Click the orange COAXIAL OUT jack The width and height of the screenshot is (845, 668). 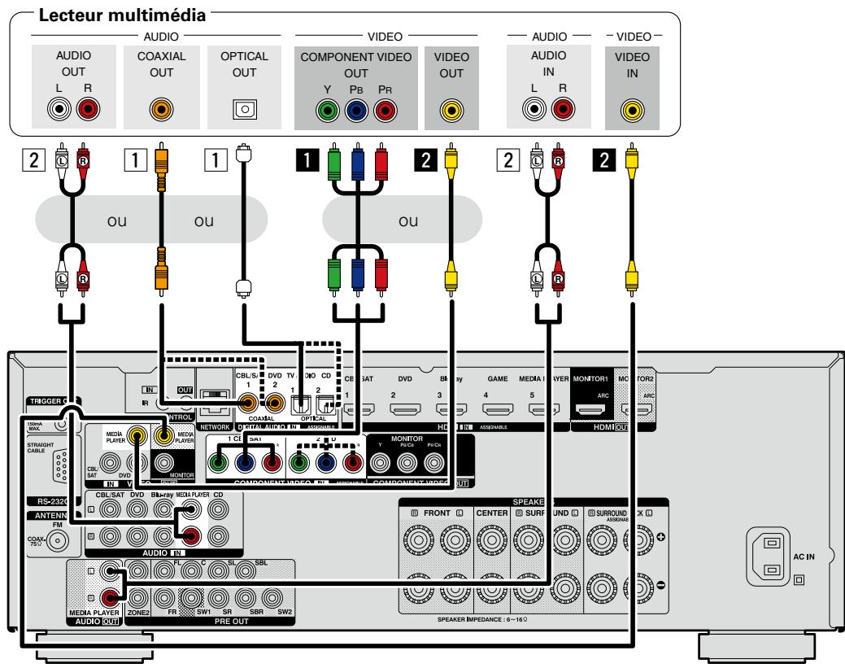click(161, 108)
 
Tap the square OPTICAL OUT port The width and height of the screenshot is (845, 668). click(241, 108)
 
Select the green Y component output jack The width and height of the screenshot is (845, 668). click(327, 108)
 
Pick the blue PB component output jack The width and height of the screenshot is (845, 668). click(355, 108)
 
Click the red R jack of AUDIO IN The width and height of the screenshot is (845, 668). click(559, 108)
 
